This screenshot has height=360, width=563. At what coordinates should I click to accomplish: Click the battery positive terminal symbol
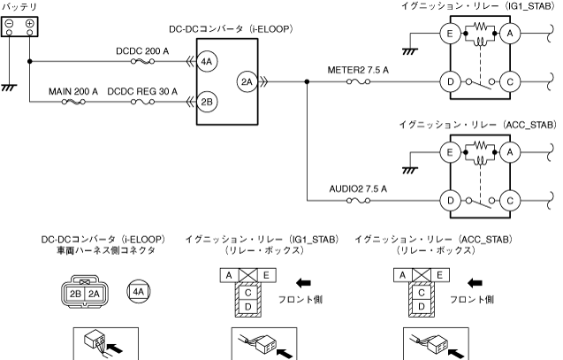(29, 24)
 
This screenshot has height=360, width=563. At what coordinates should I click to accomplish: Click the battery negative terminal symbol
(10, 24)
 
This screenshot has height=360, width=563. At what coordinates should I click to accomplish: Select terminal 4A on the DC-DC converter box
(207, 61)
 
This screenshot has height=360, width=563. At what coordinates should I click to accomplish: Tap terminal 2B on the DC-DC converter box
(207, 102)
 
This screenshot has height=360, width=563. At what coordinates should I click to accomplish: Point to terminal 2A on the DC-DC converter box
(247, 82)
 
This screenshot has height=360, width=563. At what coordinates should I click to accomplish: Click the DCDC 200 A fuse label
(142, 51)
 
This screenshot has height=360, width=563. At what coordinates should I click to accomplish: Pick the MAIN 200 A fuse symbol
(73, 102)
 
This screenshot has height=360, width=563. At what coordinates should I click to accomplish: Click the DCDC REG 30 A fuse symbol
(142, 102)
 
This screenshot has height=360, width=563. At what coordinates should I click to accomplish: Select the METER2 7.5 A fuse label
(358, 70)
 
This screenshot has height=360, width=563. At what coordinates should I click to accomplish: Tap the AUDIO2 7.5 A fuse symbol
(358, 201)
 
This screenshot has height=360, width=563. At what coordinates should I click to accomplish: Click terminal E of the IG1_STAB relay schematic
(450, 34)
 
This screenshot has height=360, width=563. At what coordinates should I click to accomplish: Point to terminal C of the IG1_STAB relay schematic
(510, 82)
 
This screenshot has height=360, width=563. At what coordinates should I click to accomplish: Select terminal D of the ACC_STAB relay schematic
(450, 201)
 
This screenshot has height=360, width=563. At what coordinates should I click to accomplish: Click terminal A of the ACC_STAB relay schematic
(510, 153)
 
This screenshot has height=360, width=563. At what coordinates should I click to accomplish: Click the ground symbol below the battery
(10, 88)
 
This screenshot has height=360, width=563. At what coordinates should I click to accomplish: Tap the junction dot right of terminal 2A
(307, 82)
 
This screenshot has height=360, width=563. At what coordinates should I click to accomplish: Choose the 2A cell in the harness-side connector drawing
(94, 295)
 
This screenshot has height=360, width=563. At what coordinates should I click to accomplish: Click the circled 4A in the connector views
(139, 291)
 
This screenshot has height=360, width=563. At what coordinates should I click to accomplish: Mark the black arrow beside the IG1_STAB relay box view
(303, 283)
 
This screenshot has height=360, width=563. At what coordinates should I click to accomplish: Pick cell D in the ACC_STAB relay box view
(422, 307)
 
